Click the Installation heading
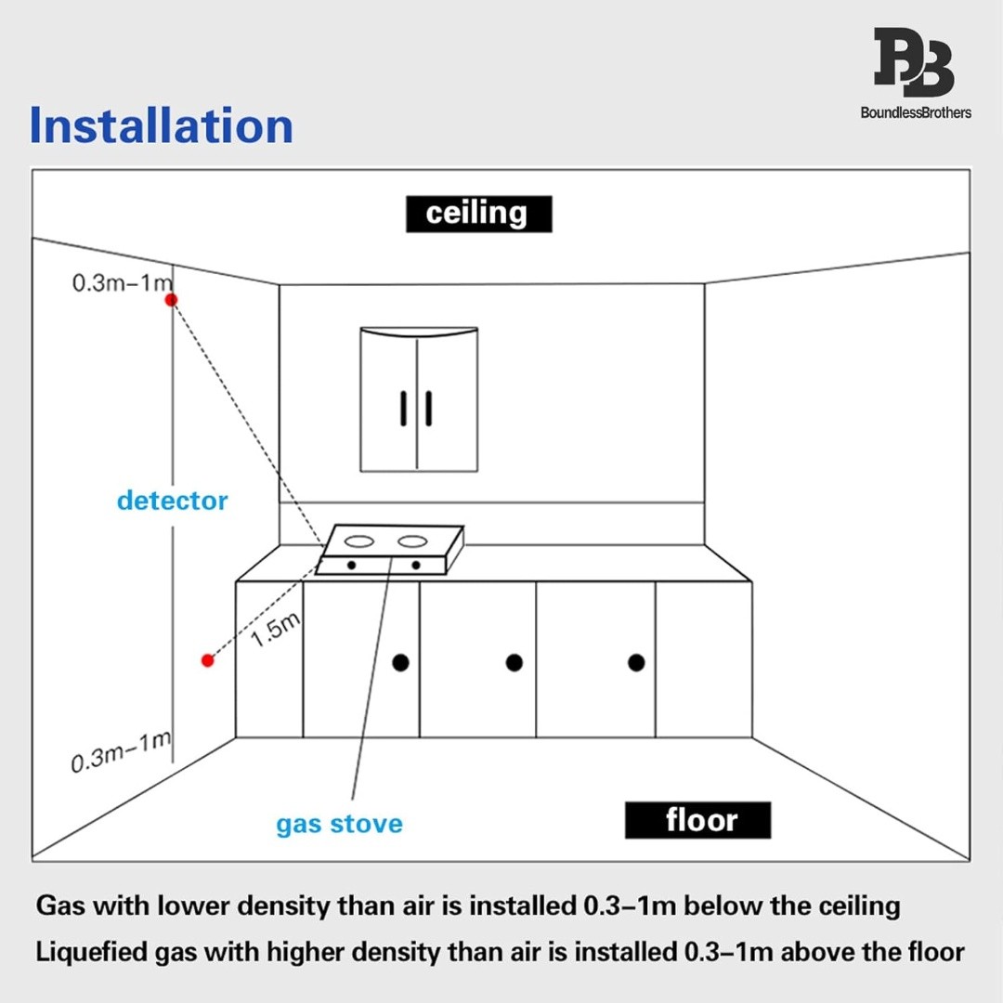[162, 126]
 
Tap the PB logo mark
[915, 62]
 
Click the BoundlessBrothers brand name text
[916, 112]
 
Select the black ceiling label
[478, 214]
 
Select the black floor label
[697, 820]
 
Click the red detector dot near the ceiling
[171, 300]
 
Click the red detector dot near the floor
[207, 660]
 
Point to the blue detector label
[172, 501]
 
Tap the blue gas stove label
[340, 824]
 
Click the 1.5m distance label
[275, 630]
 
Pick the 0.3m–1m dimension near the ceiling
[123, 282]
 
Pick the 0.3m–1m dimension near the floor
[122, 752]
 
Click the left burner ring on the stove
[358, 541]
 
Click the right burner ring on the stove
[412, 541]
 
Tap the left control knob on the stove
[351, 566]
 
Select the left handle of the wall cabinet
[404, 408]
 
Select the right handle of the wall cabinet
[428, 408]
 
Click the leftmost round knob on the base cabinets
[400, 663]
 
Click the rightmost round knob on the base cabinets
[636, 663]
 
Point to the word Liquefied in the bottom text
[91, 953]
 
